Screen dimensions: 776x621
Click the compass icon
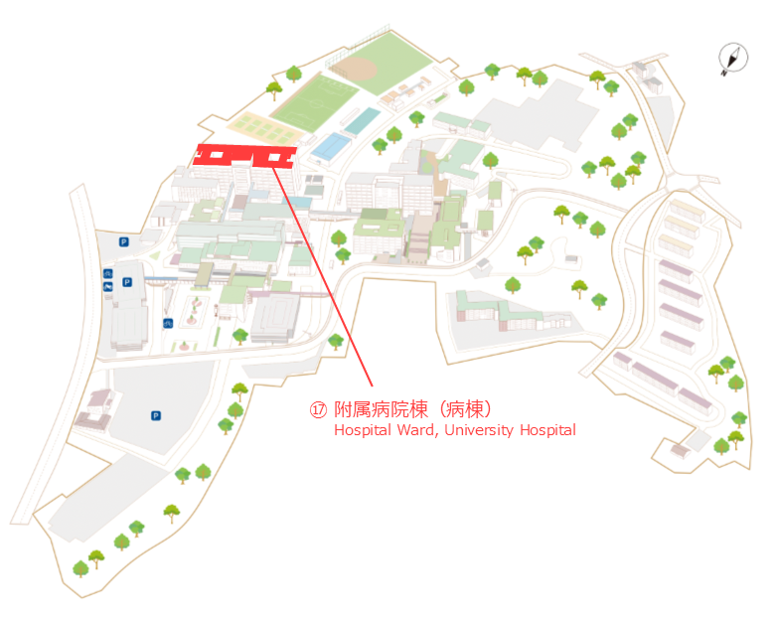[733, 58]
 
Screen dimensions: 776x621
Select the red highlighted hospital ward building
[245, 155]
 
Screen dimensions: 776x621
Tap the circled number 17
[318, 409]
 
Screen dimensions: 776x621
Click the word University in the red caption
[479, 430]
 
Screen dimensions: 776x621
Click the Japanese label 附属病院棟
[381, 409]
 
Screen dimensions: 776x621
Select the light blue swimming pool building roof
[332, 146]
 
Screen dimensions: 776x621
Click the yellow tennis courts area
[263, 128]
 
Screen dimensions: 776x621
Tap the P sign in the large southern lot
[156, 415]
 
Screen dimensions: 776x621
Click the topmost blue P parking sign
[124, 242]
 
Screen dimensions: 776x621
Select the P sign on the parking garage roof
[127, 282]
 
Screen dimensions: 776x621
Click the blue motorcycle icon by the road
[108, 286]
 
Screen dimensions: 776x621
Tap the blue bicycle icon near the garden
[168, 324]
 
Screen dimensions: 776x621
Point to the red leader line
[322, 277]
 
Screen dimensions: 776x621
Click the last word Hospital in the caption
[547, 430]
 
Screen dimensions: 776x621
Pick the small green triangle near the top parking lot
[155, 255]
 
